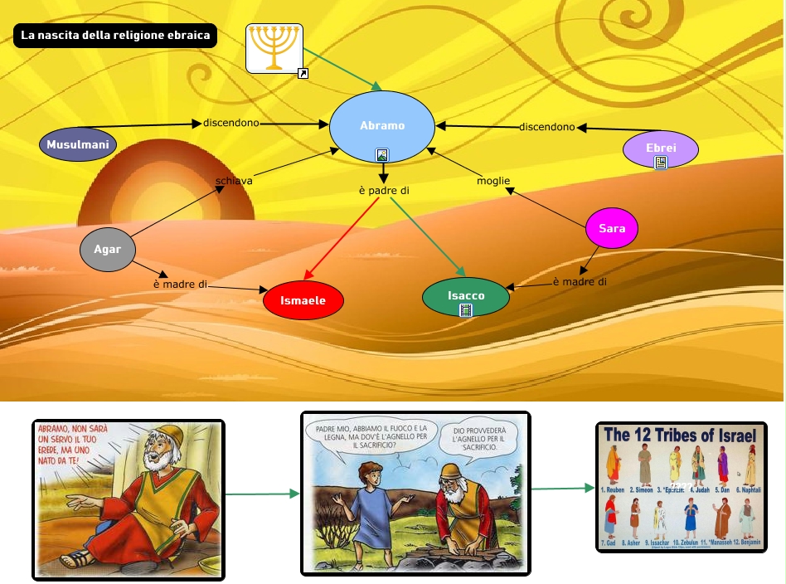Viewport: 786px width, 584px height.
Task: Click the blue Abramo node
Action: pyautogui.click(x=382, y=126)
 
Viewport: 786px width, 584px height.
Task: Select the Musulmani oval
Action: pyautogui.click(x=78, y=145)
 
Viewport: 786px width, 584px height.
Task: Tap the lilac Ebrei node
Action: pyautogui.click(x=661, y=147)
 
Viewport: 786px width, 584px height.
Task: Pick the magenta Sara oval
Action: pyautogui.click(x=612, y=229)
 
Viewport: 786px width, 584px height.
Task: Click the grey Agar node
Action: pyautogui.click(x=107, y=249)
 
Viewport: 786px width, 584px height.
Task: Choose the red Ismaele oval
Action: pyautogui.click(x=303, y=300)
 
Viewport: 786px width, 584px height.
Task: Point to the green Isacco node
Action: pyautogui.click(x=466, y=295)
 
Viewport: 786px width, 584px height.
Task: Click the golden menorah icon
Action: pyautogui.click(x=274, y=47)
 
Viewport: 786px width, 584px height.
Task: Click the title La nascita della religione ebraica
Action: pyautogui.click(x=115, y=36)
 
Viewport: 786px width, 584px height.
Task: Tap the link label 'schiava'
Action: pyautogui.click(x=234, y=181)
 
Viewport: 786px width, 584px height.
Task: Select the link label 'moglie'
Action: pyautogui.click(x=493, y=181)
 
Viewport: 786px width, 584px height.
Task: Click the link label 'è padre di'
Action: pyautogui.click(x=384, y=191)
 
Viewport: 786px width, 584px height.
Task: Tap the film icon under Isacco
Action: pyautogui.click(x=466, y=310)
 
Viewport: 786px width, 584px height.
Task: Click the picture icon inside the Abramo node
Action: pyautogui.click(x=382, y=154)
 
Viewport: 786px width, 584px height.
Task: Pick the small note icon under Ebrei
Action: pyautogui.click(x=661, y=163)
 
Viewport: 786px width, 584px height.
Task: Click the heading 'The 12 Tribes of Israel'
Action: pyautogui.click(x=681, y=436)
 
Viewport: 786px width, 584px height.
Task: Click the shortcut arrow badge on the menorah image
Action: pyautogui.click(x=303, y=74)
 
